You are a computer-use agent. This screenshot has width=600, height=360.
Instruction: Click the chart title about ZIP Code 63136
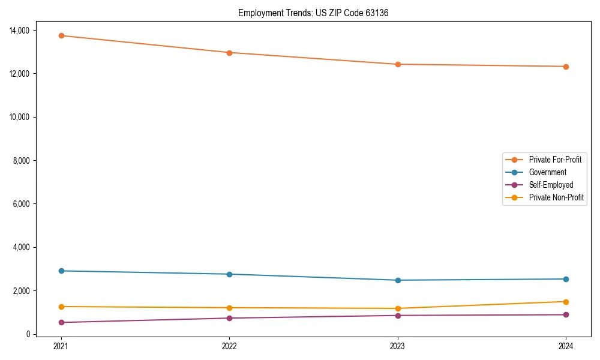tap(313, 13)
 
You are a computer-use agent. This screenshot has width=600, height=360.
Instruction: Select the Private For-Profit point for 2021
tap(61, 35)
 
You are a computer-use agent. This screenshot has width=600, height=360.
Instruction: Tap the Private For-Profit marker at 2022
tap(229, 52)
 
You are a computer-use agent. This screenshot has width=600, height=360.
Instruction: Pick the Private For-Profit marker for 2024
tap(566, 67)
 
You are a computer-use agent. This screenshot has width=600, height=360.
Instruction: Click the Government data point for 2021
tap(61, 271)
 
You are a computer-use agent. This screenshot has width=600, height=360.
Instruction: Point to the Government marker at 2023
tap(398, 280)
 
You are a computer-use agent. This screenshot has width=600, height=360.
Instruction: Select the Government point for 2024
tap(566, 279)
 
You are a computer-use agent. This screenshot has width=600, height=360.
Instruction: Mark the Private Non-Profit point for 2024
tap(566, 302)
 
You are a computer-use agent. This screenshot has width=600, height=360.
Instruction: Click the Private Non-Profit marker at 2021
tap(61, 307)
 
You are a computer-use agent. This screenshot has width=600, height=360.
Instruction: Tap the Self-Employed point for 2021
tap(61, 322)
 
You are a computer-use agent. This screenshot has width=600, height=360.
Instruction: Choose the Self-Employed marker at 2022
tap(229, 318)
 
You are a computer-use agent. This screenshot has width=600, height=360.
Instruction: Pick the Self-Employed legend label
tap(551, 185)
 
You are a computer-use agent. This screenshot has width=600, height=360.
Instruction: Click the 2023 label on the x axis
tap(398, 346)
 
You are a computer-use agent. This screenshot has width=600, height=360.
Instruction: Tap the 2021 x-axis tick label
tap(61, 346)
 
